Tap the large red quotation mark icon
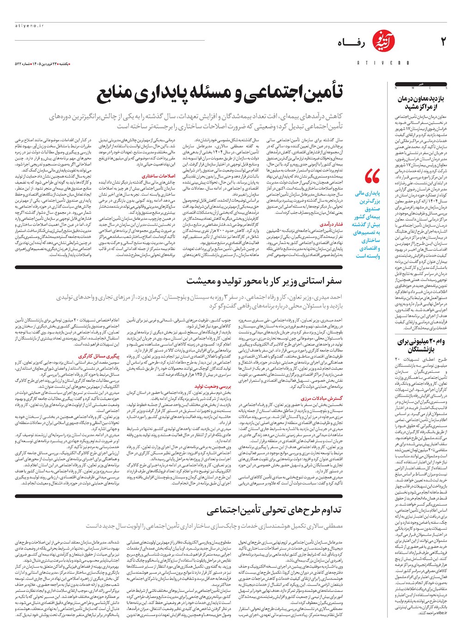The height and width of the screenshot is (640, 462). (372, 176)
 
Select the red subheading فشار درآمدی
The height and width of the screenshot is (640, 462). (331, 224)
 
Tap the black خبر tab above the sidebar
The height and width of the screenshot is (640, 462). (421, 84)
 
